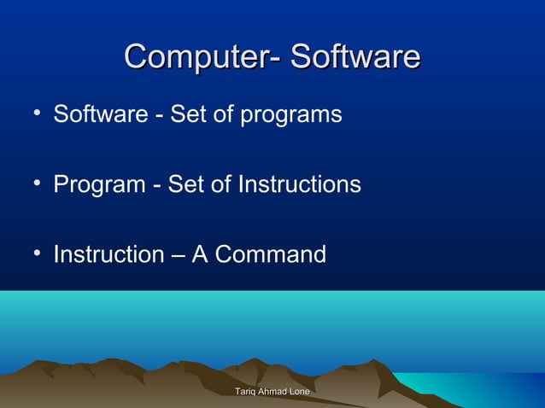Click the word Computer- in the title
(202, 57)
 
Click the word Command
(271, 254)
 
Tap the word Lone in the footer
(300, 390)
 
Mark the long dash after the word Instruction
(177, 255)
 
